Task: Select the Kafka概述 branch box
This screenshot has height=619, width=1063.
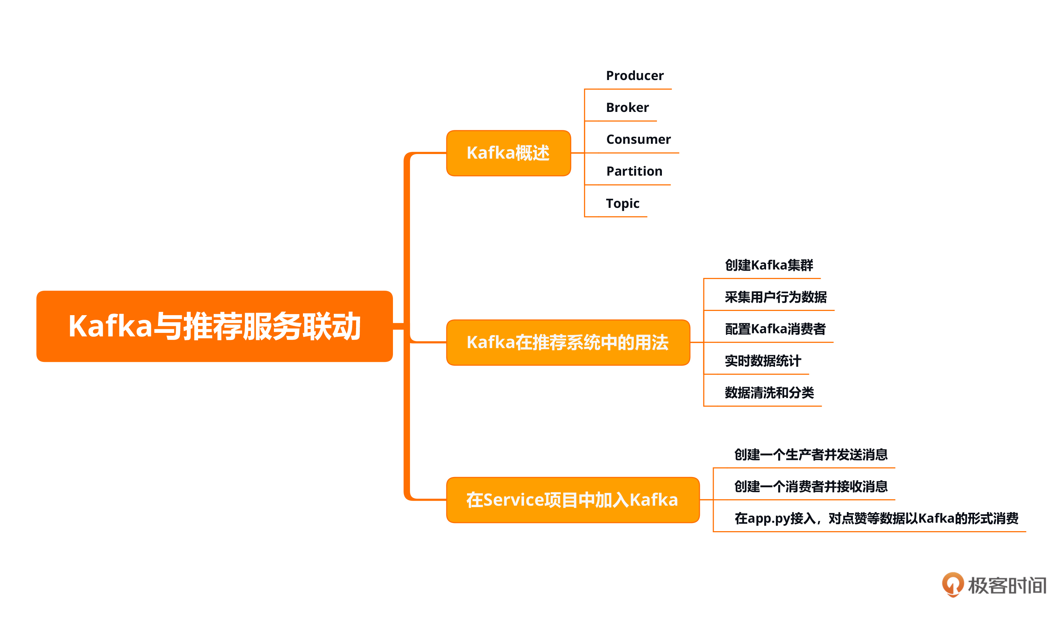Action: [508, 153]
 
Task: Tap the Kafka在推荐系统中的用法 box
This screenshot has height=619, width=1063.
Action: [568, 342]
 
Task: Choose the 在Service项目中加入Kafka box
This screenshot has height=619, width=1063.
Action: [572, 500]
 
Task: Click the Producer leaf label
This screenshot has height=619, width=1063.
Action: [634, 76]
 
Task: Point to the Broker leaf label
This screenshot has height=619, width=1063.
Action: [627, 108]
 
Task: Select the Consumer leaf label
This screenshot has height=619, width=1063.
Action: [638, 140]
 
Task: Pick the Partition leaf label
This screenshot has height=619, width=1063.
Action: [634, 171]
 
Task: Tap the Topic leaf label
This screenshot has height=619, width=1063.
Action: [623, 203]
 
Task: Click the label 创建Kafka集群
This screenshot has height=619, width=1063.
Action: [769, 265]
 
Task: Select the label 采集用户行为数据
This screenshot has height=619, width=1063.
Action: [775, 297]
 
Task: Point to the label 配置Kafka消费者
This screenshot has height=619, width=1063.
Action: [775, 329]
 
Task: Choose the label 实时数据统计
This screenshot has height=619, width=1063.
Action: [763, 361]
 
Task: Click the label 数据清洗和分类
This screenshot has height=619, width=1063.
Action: [769, 393]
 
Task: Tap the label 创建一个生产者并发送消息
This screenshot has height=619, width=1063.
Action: [811, 455]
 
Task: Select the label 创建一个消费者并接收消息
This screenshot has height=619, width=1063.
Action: [811, 487]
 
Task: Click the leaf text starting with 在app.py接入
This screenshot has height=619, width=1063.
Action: [876, 518]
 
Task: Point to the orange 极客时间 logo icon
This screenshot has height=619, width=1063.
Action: [953, 584]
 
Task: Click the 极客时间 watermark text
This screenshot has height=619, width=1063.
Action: [1007, 585]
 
